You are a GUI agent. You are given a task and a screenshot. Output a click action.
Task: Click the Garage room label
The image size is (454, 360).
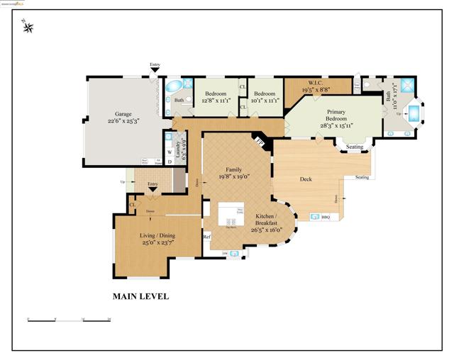(123, 113)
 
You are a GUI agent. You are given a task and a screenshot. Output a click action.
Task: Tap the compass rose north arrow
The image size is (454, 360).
(29, 28)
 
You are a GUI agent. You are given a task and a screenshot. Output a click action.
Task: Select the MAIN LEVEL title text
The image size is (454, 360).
(140, 297)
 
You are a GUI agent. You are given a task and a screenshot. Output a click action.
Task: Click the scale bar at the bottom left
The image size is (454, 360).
(69, 320)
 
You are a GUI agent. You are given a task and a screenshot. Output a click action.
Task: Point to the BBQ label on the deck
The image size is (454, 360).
(326, 218)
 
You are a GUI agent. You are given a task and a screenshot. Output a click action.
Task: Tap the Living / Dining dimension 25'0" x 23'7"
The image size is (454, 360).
(158, 243)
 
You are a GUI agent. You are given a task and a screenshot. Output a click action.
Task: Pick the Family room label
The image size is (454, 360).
(234, 170)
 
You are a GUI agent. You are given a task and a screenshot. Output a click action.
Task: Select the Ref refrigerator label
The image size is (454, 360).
(207, 237)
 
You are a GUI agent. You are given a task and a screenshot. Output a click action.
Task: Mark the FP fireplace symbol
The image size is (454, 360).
(260, 141)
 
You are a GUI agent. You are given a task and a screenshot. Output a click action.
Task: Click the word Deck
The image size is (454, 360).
(306, 179)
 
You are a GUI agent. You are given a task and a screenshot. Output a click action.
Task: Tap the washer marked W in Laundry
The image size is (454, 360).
(169, 152)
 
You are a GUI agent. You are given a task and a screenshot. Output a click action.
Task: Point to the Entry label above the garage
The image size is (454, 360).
(155, 66)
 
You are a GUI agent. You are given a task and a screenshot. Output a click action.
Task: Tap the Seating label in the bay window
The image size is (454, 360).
(354, 147)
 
